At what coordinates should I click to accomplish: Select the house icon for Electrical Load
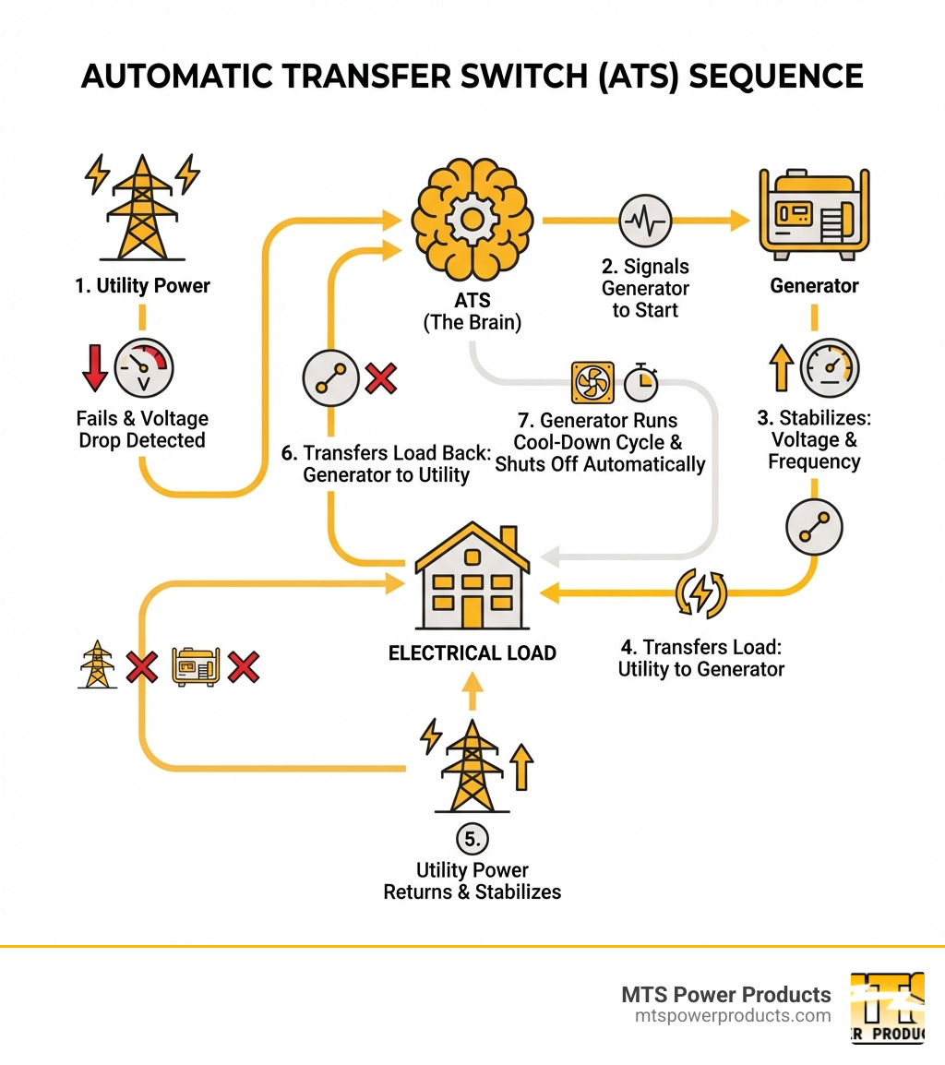(472, 577)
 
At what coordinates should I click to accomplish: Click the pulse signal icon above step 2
(645, 221)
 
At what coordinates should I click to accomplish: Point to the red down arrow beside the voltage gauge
(94, 366)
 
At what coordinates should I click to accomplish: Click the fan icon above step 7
(592, 381)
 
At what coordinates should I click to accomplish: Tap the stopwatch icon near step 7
(640, 381)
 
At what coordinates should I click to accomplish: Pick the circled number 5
(472, 839)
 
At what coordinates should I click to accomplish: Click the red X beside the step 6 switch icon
(380, 378)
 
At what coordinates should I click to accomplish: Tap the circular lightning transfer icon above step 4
(701, 592)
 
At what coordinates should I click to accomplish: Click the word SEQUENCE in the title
(772, 77)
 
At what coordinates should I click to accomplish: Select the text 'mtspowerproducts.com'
(733, 1016)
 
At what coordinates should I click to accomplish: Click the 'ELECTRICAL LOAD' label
(472, 652)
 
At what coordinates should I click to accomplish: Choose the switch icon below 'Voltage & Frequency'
(813, 527)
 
